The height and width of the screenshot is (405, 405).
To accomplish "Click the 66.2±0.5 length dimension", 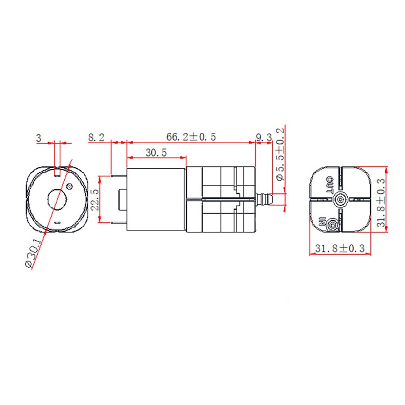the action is tap(191, 137).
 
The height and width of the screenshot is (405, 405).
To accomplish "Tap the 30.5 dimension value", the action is tap(156, 153).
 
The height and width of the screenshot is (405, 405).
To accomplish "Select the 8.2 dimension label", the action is tap(96, 137).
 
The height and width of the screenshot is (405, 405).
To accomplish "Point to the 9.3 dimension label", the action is tap(264, 137).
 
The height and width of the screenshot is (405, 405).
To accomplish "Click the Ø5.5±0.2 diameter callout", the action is tap(280, 154).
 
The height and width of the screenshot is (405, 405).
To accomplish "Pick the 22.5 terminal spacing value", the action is tap(95, 199).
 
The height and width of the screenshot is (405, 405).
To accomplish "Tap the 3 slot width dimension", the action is tap(39, 138).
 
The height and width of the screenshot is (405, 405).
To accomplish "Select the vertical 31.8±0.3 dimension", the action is tap(381, 202).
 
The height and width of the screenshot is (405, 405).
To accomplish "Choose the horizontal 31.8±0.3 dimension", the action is tap(340, 248).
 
